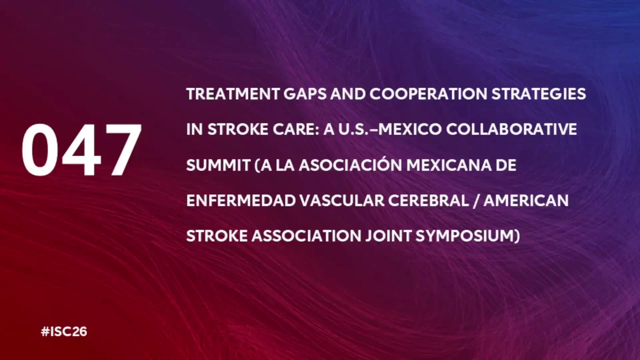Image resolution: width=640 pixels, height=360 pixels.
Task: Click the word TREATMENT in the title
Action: pyautogui.click(x=233, y=94)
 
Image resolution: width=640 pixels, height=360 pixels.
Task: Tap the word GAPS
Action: pyautogui.click(x=305, y=94)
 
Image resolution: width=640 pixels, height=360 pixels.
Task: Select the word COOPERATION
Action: pyautogui.click(x=428, y=94)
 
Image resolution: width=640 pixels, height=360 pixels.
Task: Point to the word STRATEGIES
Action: pyautogui.click(x=539, y=94)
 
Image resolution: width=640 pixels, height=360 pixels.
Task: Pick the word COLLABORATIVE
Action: pyautogui.click(x=512, y=129)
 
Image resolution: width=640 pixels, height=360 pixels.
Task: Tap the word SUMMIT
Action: pyautogui.click(x=218, y=165)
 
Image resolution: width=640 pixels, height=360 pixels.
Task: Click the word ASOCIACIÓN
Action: pyautogui.click(x=350, y=165)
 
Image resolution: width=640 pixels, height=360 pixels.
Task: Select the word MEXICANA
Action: pyautogui.click(x=449, y=165)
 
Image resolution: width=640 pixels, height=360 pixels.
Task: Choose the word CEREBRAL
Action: pyautogui.click(x=429, y=201)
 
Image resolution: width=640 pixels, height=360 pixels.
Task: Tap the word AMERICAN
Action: pyautogui.click(x=526, y=201)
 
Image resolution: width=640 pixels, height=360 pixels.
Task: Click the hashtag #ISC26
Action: pyautogui.click(x=64, y=332)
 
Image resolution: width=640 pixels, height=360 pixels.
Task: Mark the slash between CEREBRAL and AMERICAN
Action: pyautogui.click(x=476, y=201)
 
